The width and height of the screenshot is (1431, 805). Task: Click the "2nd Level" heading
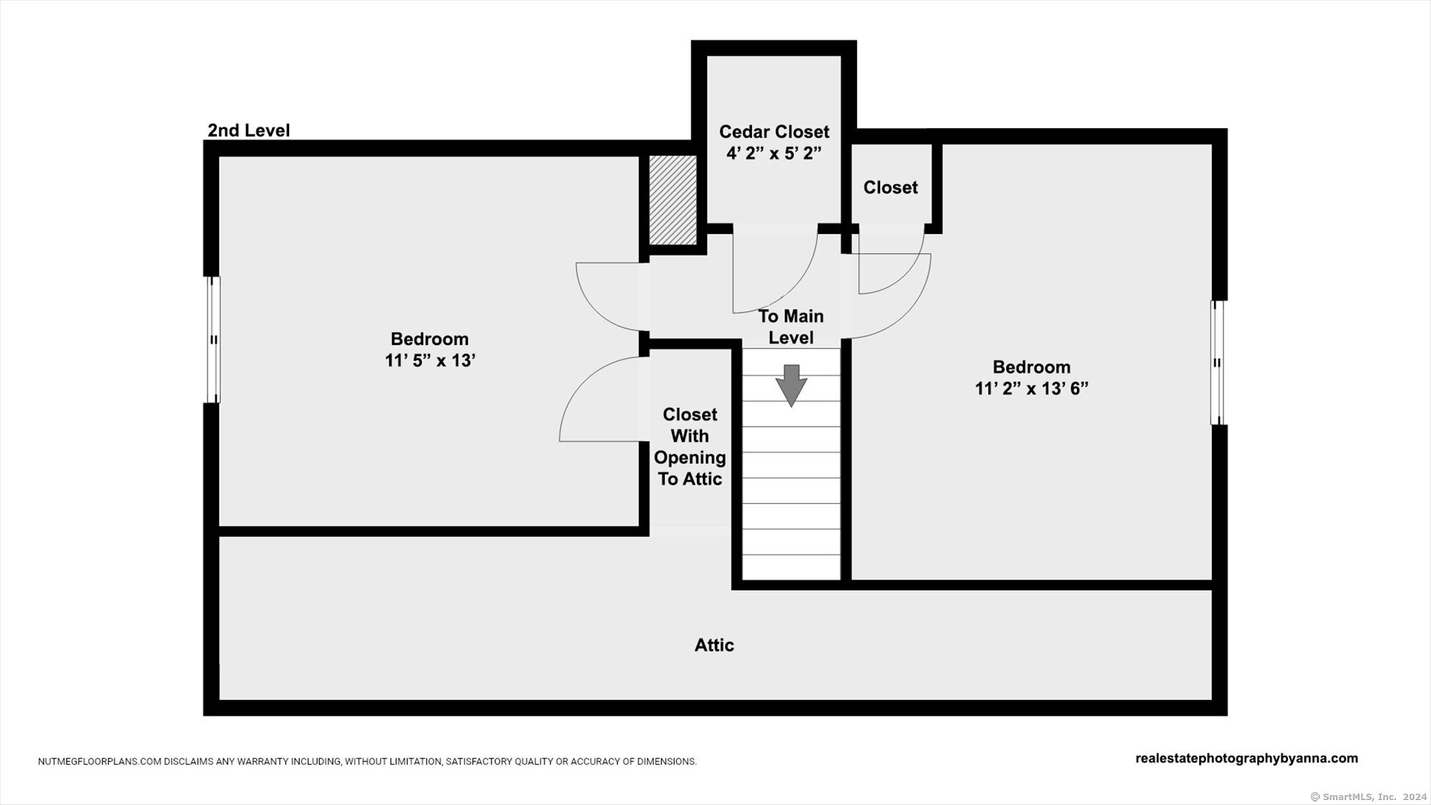click(x=248, y=130)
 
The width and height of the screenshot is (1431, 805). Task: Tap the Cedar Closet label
click(x=774, y=132)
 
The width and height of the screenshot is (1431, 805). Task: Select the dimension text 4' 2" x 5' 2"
click(x=774, y=153)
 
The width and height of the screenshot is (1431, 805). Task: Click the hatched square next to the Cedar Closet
click(x=673, y=200)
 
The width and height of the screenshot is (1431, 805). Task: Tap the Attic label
click(x=714, y=645)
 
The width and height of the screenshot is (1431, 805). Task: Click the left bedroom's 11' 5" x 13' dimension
click(x=430, y=361)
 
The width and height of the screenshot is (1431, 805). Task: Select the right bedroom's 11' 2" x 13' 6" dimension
click(x=1032, y=389)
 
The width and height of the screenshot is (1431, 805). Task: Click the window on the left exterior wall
click(x=213, y=340)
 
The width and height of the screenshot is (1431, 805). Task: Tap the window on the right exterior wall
click(x=1217, y=363)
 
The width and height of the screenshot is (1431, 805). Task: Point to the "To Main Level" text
click(x=791, y=327)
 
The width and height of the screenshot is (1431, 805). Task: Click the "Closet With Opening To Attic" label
click(x=690, y=447)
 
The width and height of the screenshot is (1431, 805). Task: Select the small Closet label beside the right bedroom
click(x=890, y=187)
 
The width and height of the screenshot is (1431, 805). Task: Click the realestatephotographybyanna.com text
click(x=1246, y=758)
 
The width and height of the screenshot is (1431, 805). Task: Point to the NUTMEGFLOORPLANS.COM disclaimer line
click(x=367, y=761)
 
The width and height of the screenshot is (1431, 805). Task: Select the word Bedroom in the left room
click(x=429, y=339)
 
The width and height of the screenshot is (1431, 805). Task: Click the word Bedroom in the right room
click(x=1032, y=367)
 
